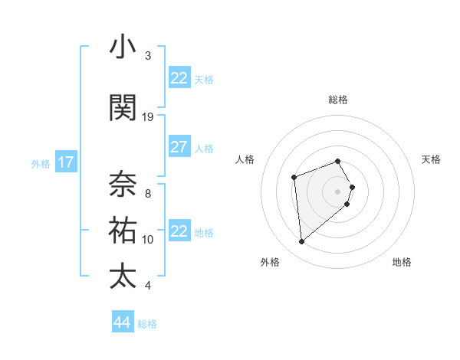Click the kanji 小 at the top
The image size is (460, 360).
(123, 47)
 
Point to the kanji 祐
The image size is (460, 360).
(123, 230)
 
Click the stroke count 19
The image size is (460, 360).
(148, 117)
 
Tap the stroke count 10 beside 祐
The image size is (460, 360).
(148, 240)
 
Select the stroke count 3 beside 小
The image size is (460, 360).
(148, 56)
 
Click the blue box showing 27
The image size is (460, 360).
(179, 147)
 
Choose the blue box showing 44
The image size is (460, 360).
(123, 322)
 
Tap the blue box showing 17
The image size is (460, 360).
(66, 162)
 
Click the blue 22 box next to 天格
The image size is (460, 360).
(179, 78)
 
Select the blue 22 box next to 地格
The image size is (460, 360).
(179, 231)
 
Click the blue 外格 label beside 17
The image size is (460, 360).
(41, 163)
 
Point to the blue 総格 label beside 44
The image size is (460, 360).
(147, 324)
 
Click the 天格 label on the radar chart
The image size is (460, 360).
(431, 159)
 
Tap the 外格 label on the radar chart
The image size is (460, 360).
(270, 263)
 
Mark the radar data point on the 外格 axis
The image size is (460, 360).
(302, 242)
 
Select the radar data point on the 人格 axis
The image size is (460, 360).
(294, 178)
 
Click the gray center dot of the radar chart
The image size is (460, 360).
(337, 191)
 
